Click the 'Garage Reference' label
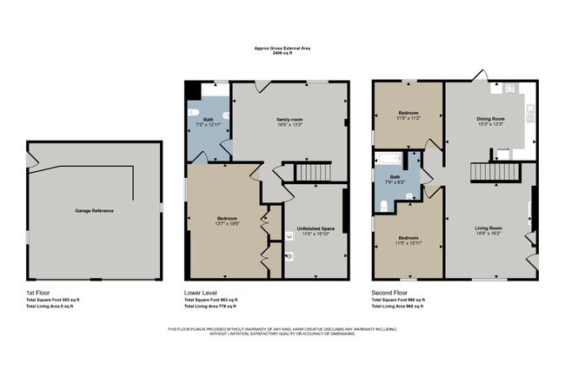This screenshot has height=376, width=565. click(93, 211)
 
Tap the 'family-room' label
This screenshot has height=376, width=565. click(289, 119)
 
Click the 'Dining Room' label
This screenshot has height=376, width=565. click(490, 118)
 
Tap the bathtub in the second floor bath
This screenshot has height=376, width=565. click(388, 159)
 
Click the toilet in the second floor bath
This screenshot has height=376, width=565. click(384, 205)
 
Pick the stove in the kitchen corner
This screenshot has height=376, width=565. click(508, 88)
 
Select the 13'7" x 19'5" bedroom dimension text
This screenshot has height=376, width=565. click(226, 223)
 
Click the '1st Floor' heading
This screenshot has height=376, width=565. click(37, 292)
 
